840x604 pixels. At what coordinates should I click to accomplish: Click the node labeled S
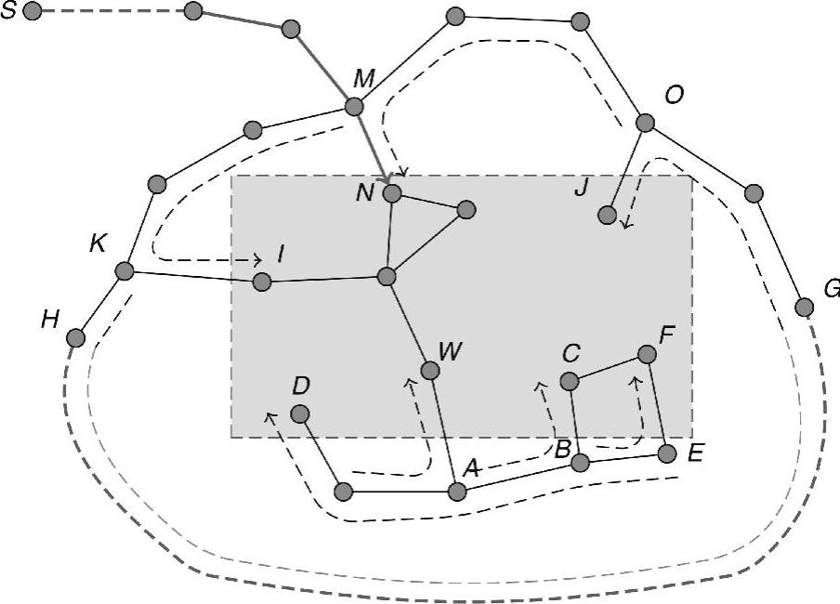click(33, 12)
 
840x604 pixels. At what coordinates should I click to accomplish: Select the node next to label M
click(353, 107)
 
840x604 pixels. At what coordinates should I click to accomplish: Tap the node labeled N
click(392, 193)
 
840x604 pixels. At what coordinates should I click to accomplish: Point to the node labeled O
click(645, 123)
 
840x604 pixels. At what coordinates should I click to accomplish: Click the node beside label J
click(607, 215)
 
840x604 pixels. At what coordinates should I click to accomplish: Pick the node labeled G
click(805, 307)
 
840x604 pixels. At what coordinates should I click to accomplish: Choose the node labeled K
click(125, 270)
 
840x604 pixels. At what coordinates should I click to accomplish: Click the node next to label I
click(262, 281)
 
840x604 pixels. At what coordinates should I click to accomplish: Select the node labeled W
click(429, 371)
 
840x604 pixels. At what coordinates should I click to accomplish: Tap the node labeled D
click(299, 414)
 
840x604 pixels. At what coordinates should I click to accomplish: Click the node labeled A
click(456, 492)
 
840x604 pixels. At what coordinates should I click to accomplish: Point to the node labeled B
click(580, 463)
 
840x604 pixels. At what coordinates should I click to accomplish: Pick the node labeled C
click(571, 380)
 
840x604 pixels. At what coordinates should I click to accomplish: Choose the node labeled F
click(648, 353)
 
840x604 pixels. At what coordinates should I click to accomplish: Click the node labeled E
click(667, 453)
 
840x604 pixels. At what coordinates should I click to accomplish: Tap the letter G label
click(832, 289)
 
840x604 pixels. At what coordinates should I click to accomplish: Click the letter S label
click(7, 12)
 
